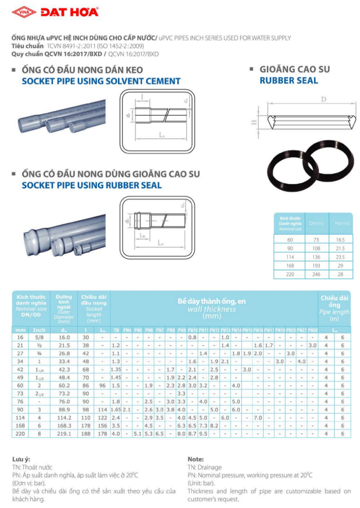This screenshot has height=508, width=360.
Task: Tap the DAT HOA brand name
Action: tap(69, 13)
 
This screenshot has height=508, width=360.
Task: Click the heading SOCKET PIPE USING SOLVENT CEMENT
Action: tap(101, 81)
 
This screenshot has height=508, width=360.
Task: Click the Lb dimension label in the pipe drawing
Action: tap(142, 235)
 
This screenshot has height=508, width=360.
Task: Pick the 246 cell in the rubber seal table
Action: tap(316, 274)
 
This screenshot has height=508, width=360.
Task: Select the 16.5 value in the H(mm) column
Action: tap(340, 239)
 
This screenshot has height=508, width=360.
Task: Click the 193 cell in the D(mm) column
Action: tap(316, 265)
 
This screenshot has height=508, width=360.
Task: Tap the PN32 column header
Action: tap(312, 330)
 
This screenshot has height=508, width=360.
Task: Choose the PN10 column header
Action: tap(193, 330)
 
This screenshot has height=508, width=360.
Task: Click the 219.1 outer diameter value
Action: tap(65, 434)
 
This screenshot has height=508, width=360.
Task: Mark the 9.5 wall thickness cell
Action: tap(203, 434)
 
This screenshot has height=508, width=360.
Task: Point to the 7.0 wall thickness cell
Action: tap(258, 418)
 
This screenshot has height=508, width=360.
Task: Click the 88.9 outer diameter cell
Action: tap(65, 410)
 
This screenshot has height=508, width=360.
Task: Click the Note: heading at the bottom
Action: tap(196, 459)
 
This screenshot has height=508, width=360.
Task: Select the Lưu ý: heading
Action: tap(21, 459)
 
